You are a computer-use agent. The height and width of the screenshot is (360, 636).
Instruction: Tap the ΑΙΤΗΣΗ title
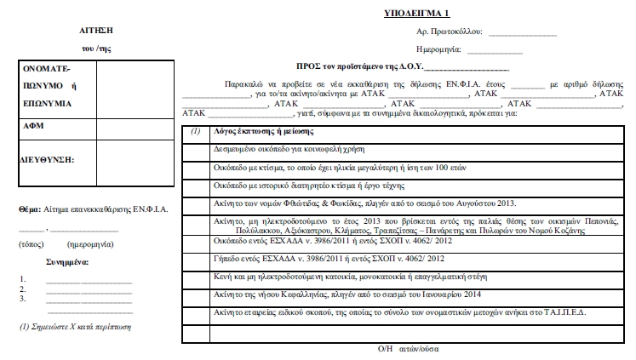point(89,30)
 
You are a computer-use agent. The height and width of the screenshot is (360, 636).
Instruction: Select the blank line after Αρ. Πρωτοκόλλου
point(522,34)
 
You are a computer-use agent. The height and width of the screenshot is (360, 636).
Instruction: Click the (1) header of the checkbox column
point(195,131)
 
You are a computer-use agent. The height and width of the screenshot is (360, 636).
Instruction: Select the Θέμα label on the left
point(30,209)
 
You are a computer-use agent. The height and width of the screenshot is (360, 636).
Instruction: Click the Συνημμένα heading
point(67,262)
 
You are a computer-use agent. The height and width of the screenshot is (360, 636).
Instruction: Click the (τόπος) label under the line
point(32,244)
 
